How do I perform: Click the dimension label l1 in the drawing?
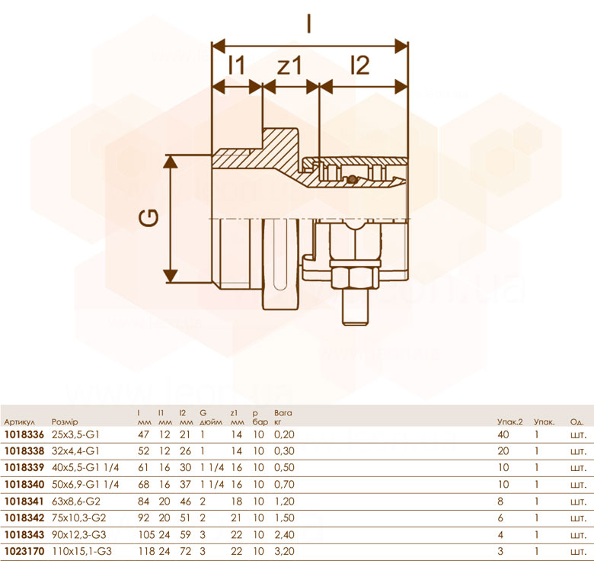237,65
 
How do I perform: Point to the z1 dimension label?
289,66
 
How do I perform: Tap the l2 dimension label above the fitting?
360,65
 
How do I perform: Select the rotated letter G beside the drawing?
148,218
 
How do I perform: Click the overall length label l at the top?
309,23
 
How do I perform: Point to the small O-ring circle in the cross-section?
353,178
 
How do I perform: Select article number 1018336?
24,434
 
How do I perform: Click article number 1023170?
24,551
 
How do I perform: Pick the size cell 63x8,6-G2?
76,502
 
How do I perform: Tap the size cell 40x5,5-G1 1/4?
85,468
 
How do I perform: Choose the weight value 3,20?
285,551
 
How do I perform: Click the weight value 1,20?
285,502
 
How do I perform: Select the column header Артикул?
19,422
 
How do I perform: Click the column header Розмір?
65,421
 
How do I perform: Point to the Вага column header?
283,413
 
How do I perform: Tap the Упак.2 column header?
510,421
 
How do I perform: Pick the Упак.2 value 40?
503,434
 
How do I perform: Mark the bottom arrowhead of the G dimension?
171,276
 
